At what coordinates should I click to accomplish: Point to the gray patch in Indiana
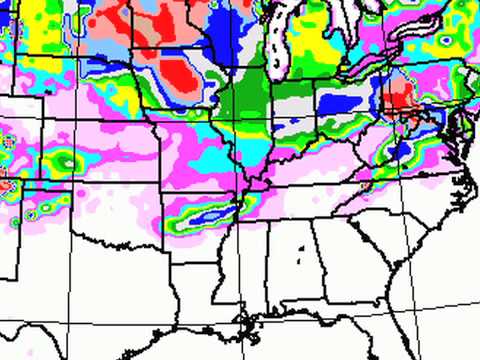pos(293,106)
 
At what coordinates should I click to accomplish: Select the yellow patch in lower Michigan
pos(335,60)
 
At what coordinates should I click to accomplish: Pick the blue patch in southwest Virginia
pos(399,150)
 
